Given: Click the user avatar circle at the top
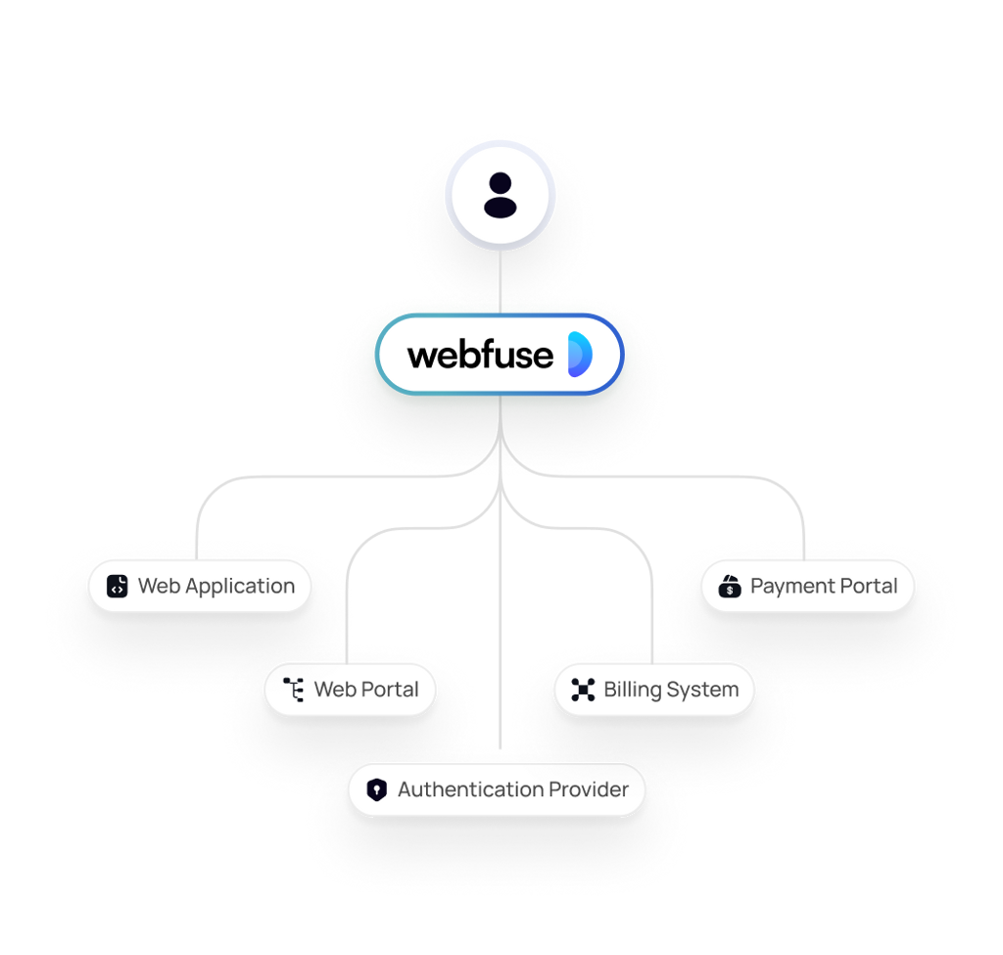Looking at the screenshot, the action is click(x=501, y=195).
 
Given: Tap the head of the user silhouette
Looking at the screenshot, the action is click(x=501, y=183).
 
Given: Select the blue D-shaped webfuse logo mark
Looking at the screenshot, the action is click(x=580, y=354).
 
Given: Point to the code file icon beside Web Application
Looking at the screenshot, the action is click(x=118, y=586).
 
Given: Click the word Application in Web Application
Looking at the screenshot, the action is click(x=240, y=587).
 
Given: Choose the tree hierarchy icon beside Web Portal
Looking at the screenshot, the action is click(x=294, y=690).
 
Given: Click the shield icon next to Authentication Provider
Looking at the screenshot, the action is click(x=377, y=790).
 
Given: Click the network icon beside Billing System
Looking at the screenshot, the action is click(x=583, y=690).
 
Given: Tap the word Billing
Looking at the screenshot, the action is click(x=633, y=691).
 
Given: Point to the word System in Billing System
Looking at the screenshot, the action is click(x=702, y=691).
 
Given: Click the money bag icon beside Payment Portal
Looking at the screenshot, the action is click(x=729, y=586).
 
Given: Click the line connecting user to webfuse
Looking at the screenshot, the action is click(x=501, y=281).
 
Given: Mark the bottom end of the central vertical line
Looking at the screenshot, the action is click(x=501, y=748).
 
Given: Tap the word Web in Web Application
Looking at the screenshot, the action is click(x=160, y=586).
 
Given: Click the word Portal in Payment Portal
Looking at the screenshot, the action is click(x=869, y=586).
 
